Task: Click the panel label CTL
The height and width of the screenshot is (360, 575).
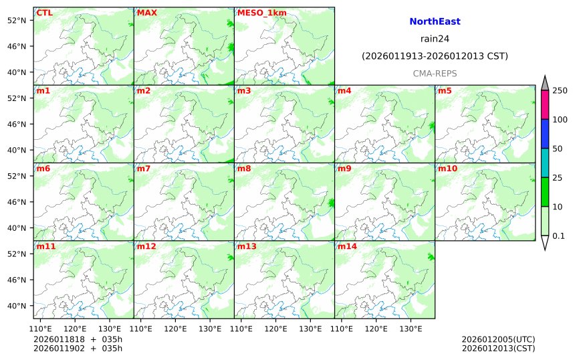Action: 44,13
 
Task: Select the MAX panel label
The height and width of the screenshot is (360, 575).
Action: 146,13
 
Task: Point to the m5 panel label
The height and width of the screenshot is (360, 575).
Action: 445,90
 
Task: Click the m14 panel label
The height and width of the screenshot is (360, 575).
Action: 347,247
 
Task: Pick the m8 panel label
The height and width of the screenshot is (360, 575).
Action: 244,169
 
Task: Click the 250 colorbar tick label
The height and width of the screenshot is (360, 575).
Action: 560,90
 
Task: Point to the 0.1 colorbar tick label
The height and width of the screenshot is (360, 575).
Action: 558,236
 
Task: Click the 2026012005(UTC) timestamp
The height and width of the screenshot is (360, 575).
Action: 498,339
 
